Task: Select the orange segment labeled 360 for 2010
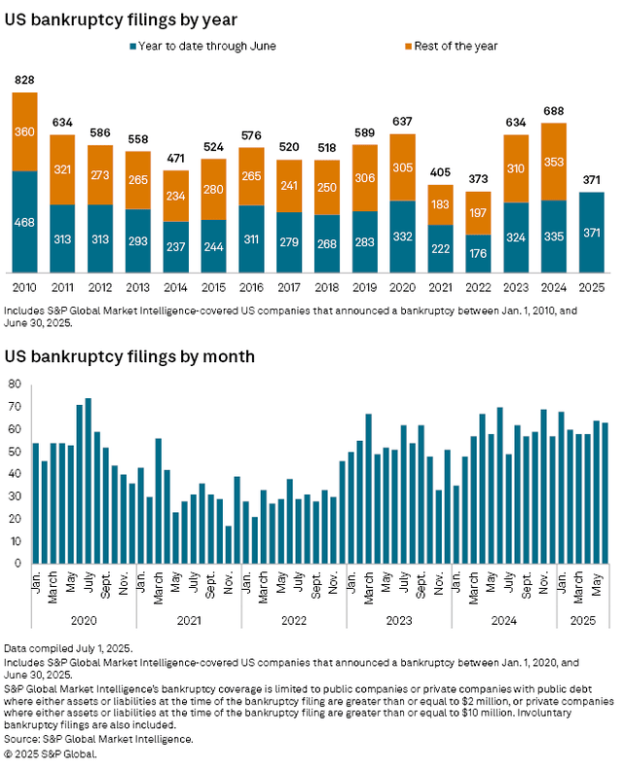(x=24, y=131)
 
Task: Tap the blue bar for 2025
(x=593, y=232)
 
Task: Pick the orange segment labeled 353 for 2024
(x=555, y=161)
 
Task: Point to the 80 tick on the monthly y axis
(x=16, y=384)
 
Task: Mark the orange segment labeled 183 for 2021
(x=441, y=204)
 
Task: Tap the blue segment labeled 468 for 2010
(x=24, y=222)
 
